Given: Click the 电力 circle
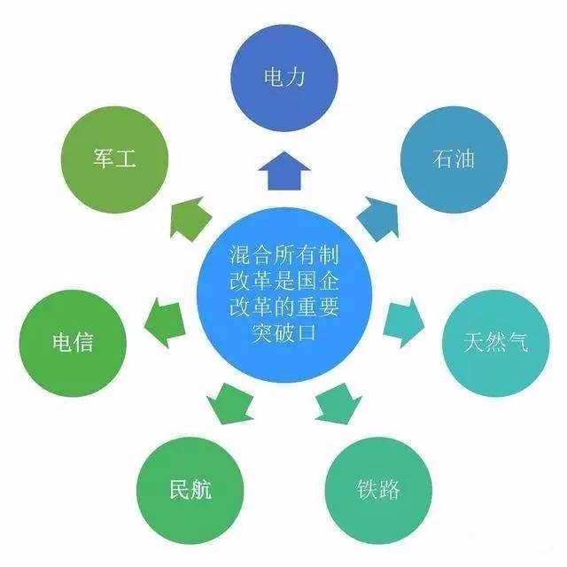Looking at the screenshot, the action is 284,78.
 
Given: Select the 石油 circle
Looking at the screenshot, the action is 454,159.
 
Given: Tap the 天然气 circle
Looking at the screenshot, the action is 496,343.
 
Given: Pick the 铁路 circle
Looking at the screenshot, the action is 378,490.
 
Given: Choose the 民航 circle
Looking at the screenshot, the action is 190,490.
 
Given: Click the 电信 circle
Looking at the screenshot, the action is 73,343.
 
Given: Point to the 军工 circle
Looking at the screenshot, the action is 114,159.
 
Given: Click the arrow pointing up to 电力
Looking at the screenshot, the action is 284,171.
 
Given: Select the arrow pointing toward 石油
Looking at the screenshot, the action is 378,219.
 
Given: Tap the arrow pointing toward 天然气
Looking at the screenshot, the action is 404,322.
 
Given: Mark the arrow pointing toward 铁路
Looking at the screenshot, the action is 338,404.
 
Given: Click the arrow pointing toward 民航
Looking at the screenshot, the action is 230,404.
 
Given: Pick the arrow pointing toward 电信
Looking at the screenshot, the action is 165,322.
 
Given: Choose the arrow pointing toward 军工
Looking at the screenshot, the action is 190,219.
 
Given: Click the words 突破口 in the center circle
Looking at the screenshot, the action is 284,333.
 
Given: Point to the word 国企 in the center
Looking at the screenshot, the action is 318,281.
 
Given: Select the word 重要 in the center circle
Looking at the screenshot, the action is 318,307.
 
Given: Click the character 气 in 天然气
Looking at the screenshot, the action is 517,342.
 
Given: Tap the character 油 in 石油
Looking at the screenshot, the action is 464,159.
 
